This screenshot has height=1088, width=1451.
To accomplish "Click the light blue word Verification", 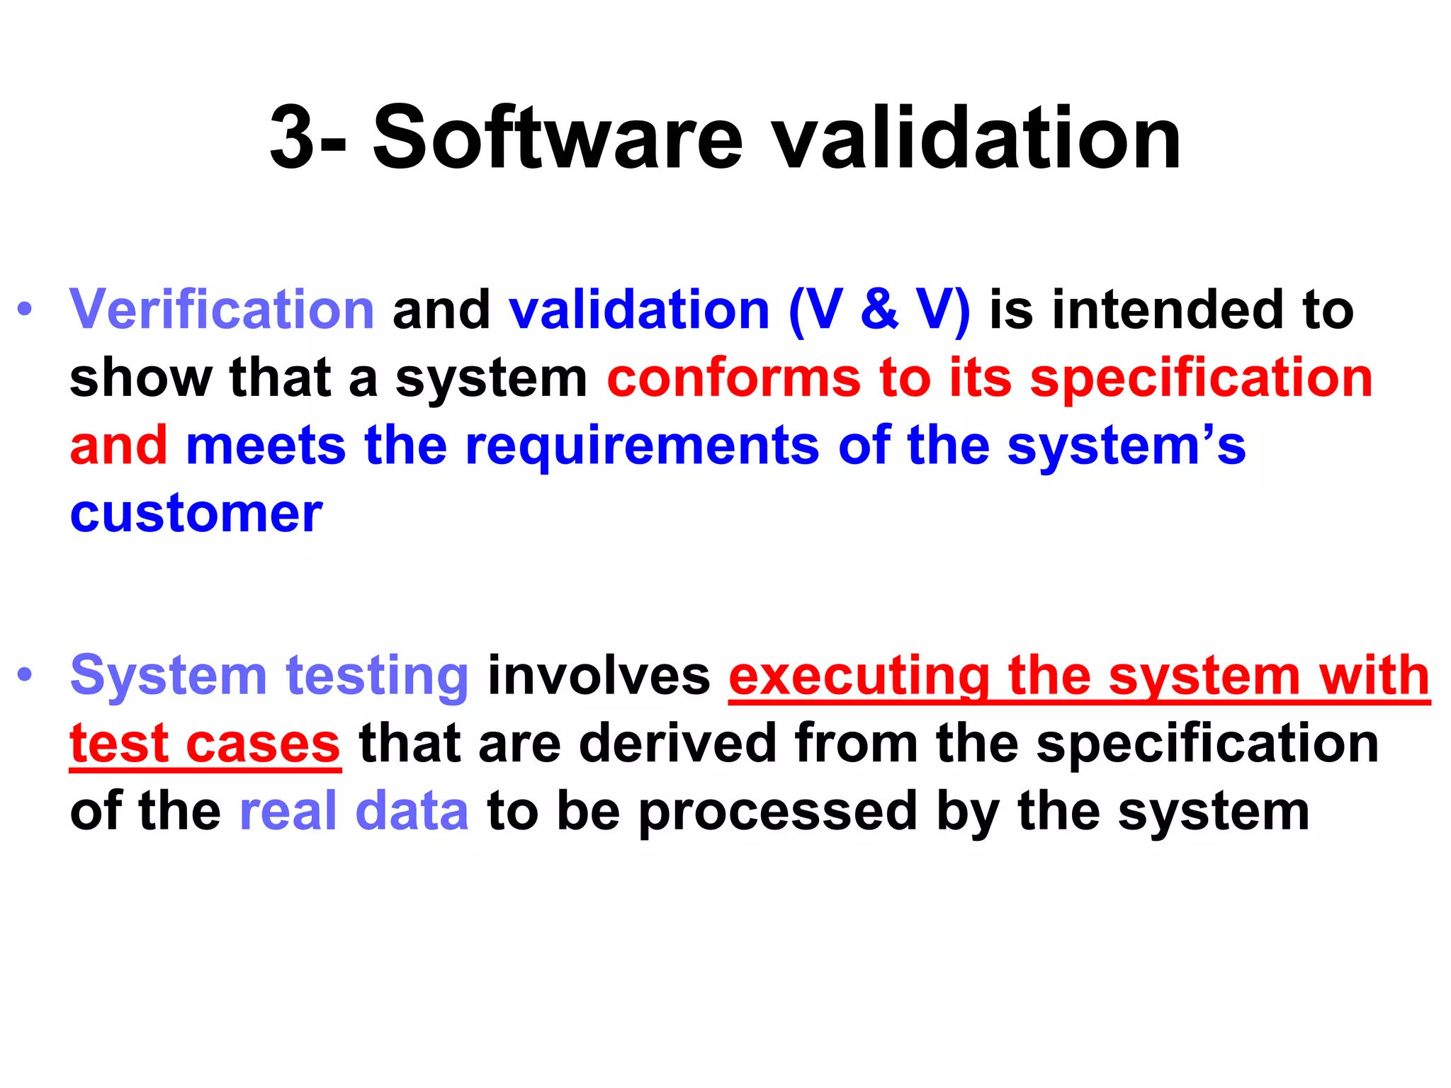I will (222, 310).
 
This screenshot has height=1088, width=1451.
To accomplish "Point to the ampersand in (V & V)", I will (880, 310).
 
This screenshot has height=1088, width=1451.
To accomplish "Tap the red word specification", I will (1202, 379).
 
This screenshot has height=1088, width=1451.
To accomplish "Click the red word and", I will (119, 446).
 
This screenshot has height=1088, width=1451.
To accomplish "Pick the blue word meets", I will (266, 446).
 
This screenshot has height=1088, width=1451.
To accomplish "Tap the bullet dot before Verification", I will (26, 310).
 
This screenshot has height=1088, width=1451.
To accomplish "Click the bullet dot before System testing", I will (26, 675).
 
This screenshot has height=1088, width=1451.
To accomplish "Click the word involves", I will (599, 675).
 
